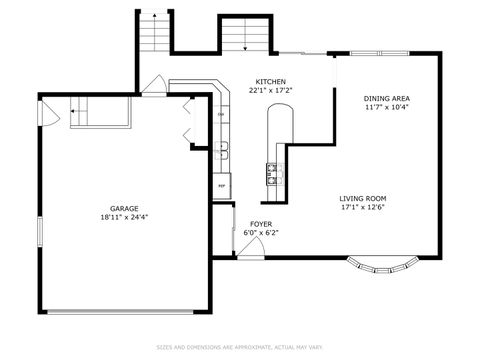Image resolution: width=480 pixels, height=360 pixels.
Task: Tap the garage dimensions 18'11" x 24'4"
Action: (123, 216)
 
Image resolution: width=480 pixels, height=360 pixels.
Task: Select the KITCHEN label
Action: (270, 81)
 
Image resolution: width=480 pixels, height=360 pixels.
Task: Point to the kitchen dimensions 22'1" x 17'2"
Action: (270, 90)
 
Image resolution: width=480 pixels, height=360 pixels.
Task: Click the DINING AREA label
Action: (387, 97)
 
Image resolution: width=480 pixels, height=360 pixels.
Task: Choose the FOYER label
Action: (260, 224)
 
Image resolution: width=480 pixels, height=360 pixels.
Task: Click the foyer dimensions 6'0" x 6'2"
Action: (260, 233)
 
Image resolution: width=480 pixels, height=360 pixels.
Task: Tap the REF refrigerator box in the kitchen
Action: (221, 185)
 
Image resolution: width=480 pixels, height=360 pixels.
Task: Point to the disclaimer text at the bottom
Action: (239, 347)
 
